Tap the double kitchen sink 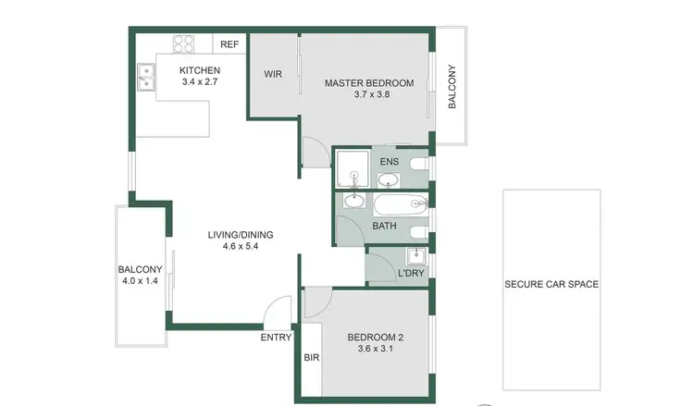145,78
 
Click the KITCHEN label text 199,70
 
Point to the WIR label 272,75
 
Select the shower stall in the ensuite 351,166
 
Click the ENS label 389,161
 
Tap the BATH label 384,226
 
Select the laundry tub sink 415,256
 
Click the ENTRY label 276,337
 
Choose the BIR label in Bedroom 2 310,357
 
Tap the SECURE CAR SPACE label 551,284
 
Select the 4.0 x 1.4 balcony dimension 139,281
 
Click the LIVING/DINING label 240,234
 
